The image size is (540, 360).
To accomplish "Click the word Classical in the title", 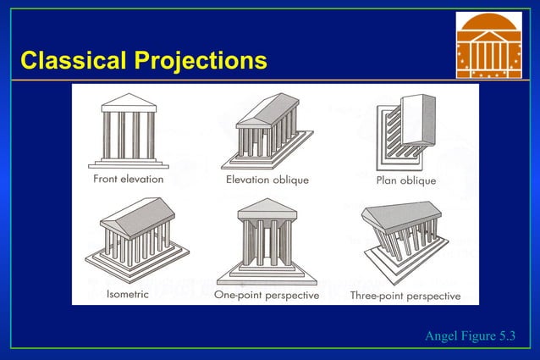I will tap(72, 61).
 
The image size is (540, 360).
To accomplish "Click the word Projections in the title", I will tap(198, 61).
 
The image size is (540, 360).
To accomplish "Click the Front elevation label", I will tap(128, 180).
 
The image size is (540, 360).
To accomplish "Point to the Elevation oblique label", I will tap(267, 180).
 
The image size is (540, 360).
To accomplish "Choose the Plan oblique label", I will tap(406, 180).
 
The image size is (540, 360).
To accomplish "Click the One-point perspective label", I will tap(267, 296).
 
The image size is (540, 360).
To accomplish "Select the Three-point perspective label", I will tap(405, 296).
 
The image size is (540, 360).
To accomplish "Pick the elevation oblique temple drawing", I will tap(267, 131).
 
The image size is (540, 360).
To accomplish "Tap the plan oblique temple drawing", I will tap(405, 131).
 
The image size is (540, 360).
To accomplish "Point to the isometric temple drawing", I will tap(129, 241).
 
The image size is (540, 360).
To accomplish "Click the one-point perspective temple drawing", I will tap(266, 241).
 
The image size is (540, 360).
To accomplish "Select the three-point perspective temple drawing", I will tap(404, 241).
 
